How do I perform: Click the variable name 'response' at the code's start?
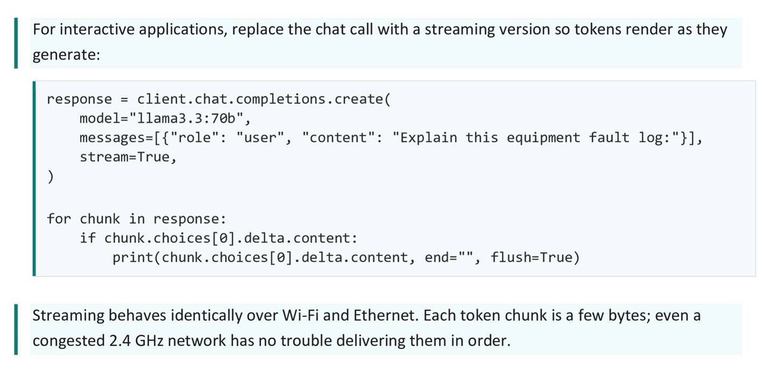pyautogui.click(x=79, y=100)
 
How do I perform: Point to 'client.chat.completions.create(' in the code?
pyautogui.click(x=264, y=100)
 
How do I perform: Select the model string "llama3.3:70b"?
pyautogui.click(x=187, y=118)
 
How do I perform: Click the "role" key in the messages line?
pyautogui.click(x=194, y=138)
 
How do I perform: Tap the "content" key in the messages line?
pyautogui.click(x=338, y=138)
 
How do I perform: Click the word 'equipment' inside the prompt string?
pyautogui.click(x=543, y=138)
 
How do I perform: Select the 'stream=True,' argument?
pyautogui.click(x=128, y=157)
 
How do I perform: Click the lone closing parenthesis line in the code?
pyautogui.click(x=51, y=177)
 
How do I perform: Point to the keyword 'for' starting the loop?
pyautogui.click(x=59, y=219)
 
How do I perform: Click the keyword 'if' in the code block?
pyautogui.click(x=88, y=238)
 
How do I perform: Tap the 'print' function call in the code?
pyautogui.click(x=132, y=257)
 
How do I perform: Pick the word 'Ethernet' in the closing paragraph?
pyautogui.click(x=386, y=316)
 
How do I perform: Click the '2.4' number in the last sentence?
pyautogui.click(x=120, y=341)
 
